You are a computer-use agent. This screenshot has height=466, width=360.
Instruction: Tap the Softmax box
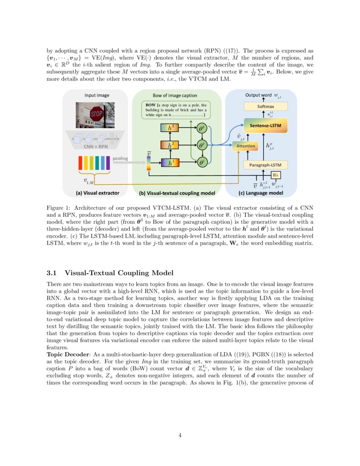coord(266,107)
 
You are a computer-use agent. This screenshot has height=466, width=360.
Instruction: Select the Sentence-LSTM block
coord(266,125)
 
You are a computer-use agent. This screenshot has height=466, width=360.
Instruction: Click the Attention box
coord(246,146)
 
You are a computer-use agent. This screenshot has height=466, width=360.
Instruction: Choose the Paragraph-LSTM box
coord(266,165)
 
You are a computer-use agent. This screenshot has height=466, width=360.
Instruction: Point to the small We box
coord(276,175)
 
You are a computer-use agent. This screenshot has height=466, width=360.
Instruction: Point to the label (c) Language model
coord(261,193)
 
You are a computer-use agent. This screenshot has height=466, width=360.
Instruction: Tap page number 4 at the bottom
coord(180,435)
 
